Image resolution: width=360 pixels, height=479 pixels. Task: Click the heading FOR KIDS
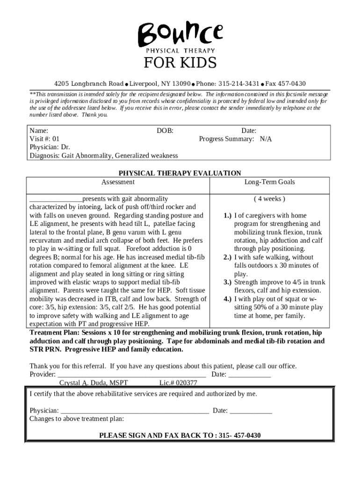(x=180, y=63)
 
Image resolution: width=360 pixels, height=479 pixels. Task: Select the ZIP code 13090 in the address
(x=181, y=84)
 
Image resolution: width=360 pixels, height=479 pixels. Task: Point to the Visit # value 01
(x=56, y=139)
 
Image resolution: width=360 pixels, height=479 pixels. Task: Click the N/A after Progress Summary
(x=266, y=139)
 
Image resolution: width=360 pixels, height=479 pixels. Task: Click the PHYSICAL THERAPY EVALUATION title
(x=180, y=173)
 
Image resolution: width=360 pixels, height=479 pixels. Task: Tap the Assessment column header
(x=118, y=182)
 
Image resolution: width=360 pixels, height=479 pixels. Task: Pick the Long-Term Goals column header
(x=269, y=182)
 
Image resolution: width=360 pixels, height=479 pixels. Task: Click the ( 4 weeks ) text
(x=269, y=199)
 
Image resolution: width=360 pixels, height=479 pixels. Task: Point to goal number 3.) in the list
(x=227, y=282)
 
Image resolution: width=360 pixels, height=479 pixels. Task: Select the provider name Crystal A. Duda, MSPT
(x=94, y=383)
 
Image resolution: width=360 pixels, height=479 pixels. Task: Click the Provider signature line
(x=131, y=375)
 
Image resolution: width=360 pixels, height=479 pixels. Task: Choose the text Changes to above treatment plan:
(x=76, y=419)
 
